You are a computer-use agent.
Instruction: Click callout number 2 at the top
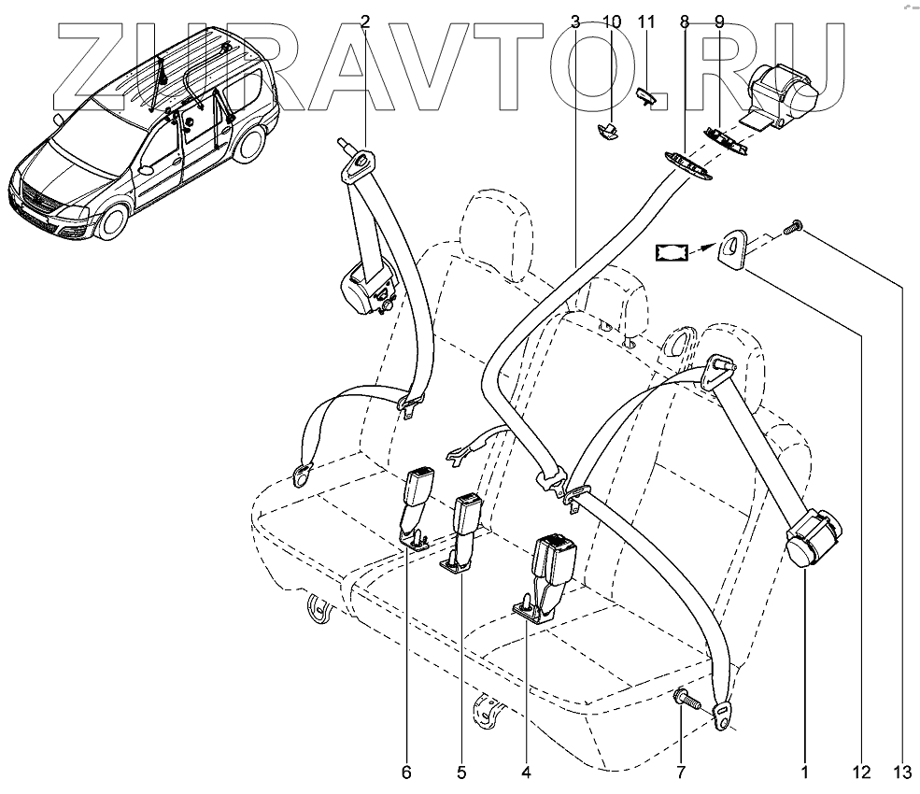[365, 21]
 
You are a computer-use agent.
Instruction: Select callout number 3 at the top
[575, 21]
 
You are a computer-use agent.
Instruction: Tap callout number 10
[611, 21]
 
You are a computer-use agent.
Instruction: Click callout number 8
[686, 21]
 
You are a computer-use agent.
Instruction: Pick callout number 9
[718, 21]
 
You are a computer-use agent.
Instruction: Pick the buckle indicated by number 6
[414, 499]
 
